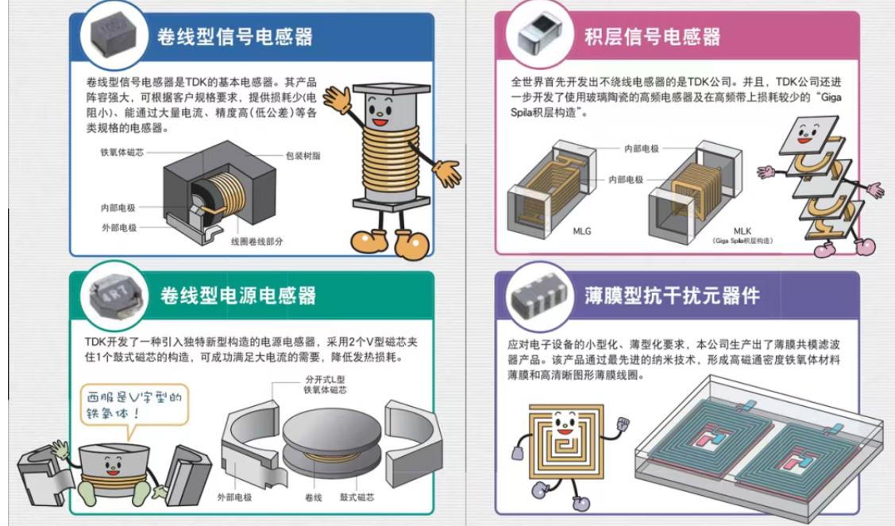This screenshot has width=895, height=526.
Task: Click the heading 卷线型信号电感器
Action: click(234, 37)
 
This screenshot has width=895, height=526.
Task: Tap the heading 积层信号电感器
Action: click(652, 37)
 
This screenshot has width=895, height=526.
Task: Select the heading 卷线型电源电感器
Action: click(238, 296)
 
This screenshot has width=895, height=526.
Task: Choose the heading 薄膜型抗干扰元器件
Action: click(672, 296)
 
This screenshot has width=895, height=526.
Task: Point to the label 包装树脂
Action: click(303, 156)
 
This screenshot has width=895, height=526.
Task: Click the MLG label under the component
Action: click(582, 231)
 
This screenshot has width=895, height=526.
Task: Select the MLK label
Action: click(743, 230)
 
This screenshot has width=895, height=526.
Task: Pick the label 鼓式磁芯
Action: click(357, 497)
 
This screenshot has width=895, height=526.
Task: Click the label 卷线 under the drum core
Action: click(312, 497)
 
